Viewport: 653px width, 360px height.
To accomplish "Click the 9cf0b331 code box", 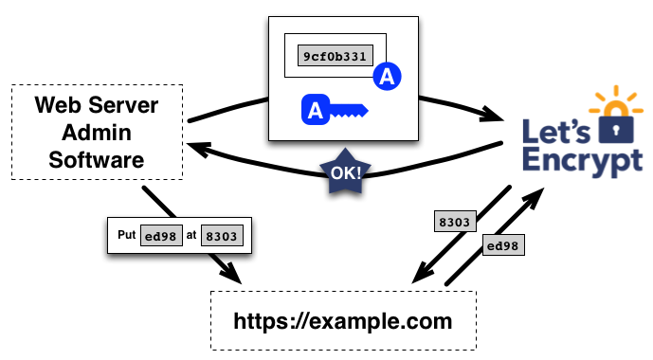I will coord(335,56).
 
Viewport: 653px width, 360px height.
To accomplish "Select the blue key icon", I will coord(333,111).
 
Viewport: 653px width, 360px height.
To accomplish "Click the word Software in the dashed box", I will coord(96,159).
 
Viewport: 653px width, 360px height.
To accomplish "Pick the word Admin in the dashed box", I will coord(96,133).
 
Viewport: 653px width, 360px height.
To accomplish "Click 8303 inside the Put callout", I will coord(225,237).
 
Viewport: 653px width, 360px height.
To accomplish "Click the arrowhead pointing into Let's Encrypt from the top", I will coord(493,116).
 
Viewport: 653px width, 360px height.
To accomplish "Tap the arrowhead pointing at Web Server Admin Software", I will coord(198,147).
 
